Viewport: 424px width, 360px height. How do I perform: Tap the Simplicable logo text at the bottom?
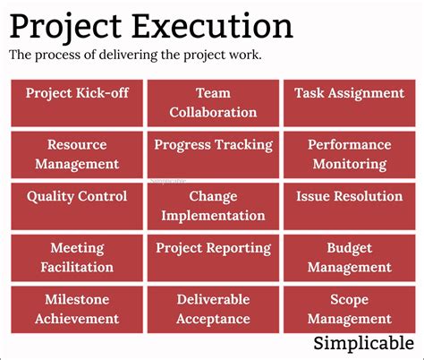pos(363,343)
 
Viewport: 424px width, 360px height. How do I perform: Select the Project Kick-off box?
pos(78,103)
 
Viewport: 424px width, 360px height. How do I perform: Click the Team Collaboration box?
pos(213,103)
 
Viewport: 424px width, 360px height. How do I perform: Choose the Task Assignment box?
pos(349,103)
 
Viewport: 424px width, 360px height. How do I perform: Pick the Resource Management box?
pos(78,154)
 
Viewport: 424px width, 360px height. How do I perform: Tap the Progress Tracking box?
pos(213,154)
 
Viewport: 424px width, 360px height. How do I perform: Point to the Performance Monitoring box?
pos(349,154)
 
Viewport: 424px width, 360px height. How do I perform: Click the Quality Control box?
pos(78,206)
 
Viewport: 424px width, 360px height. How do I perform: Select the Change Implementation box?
pos(213,206)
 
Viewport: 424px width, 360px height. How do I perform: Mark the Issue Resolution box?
pos(349,206)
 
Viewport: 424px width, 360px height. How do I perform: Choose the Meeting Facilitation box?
pos(78,258)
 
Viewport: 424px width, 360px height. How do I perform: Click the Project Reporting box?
pos(213,258)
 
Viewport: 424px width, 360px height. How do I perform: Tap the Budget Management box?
pos(349,258)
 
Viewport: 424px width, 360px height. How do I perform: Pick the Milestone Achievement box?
pos(78,309)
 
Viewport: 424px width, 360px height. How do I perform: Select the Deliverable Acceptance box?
pos(213,309)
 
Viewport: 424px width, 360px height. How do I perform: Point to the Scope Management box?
pos(349,309)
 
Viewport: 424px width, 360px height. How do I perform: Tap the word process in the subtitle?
pos(55,56)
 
